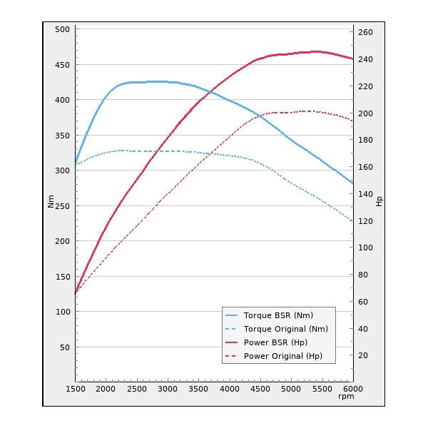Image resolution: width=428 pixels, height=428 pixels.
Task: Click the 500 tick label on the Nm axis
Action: pos(61,29)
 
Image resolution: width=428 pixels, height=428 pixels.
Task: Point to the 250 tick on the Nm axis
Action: pos(61,206)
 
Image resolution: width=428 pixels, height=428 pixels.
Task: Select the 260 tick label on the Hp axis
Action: pos(365,32)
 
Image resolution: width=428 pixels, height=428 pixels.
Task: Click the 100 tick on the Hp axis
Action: pos(365,248)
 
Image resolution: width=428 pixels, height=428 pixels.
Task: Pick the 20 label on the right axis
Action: pos(363,355)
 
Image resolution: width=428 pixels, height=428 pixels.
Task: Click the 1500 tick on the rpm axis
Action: pos(76,389)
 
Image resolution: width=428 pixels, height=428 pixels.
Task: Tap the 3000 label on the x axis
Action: pos(168,389)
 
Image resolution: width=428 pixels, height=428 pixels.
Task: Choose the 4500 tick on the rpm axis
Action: pos(260,389)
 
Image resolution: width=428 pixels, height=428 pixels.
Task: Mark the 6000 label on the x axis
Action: pos(352,389)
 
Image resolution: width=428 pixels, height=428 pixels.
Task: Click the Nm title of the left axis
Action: pos(51,201)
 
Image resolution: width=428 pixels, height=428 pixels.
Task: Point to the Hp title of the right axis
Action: pos(379,201)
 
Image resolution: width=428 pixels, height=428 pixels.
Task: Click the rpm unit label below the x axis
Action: pos(346,397)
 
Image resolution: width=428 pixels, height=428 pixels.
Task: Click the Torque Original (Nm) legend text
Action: pos(285,329)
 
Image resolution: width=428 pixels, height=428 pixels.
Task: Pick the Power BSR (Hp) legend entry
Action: pos(275,342)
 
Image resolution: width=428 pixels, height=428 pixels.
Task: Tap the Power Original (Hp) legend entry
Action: pos(282,356)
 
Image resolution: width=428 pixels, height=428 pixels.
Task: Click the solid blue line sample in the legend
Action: pos(231,315)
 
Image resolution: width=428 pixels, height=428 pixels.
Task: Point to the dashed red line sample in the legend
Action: pos(231,356)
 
